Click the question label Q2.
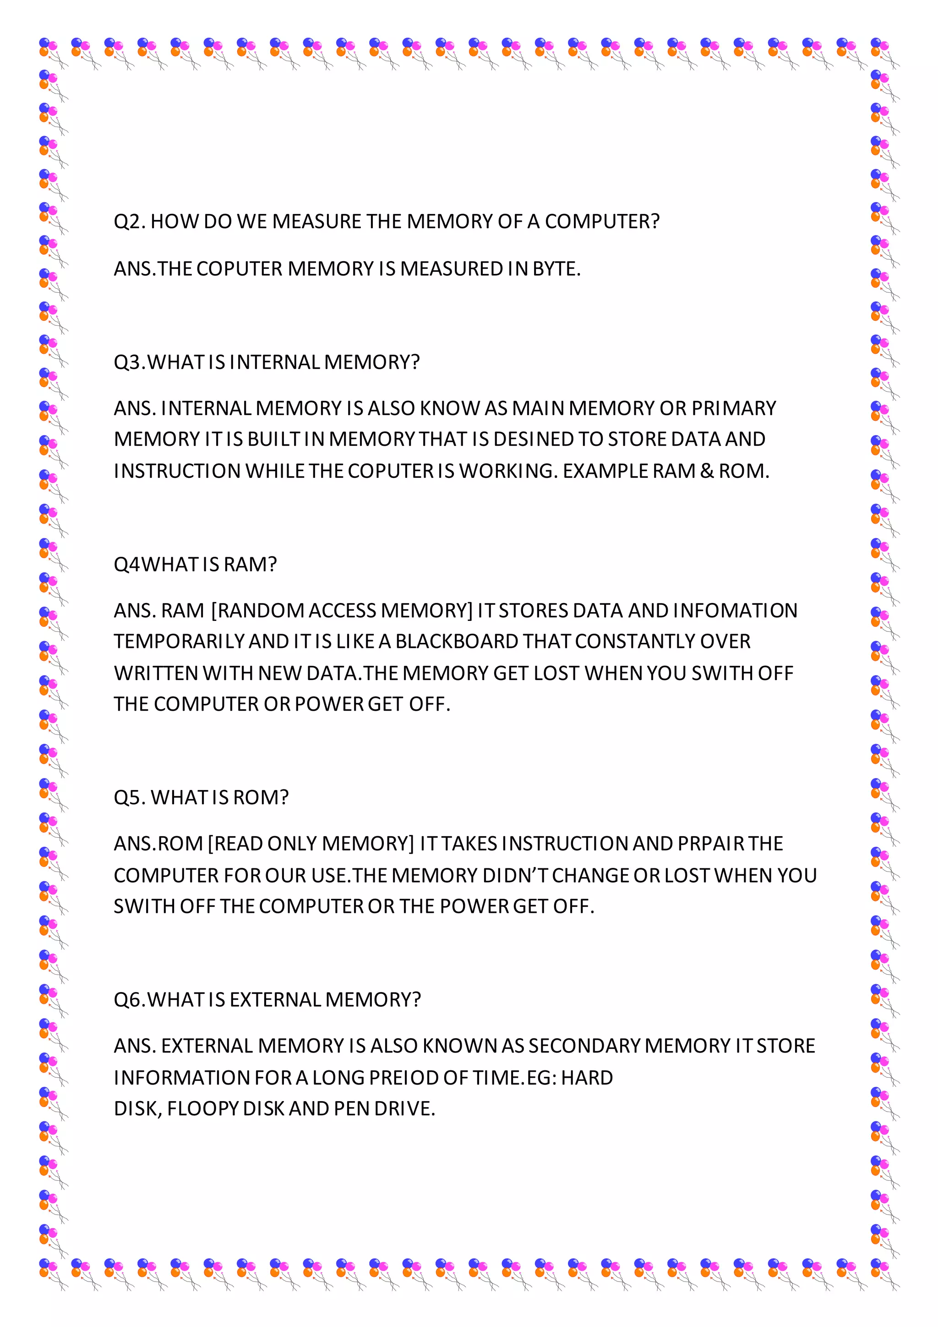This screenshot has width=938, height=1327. pyautogui.click(x=129, y=221)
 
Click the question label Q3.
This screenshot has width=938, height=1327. pyautogui.click(x=129, y=362)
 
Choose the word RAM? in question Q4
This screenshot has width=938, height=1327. pyautogui.click(x=250, y=564)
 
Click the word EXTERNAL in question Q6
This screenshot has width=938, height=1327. pyautogui.click(x=275, y=1000)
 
